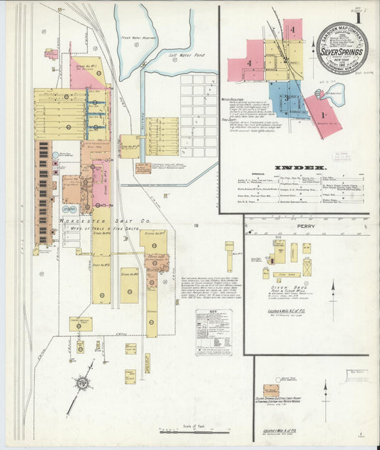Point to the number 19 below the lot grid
click(195, 226)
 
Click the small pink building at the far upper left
click(51, 53)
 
